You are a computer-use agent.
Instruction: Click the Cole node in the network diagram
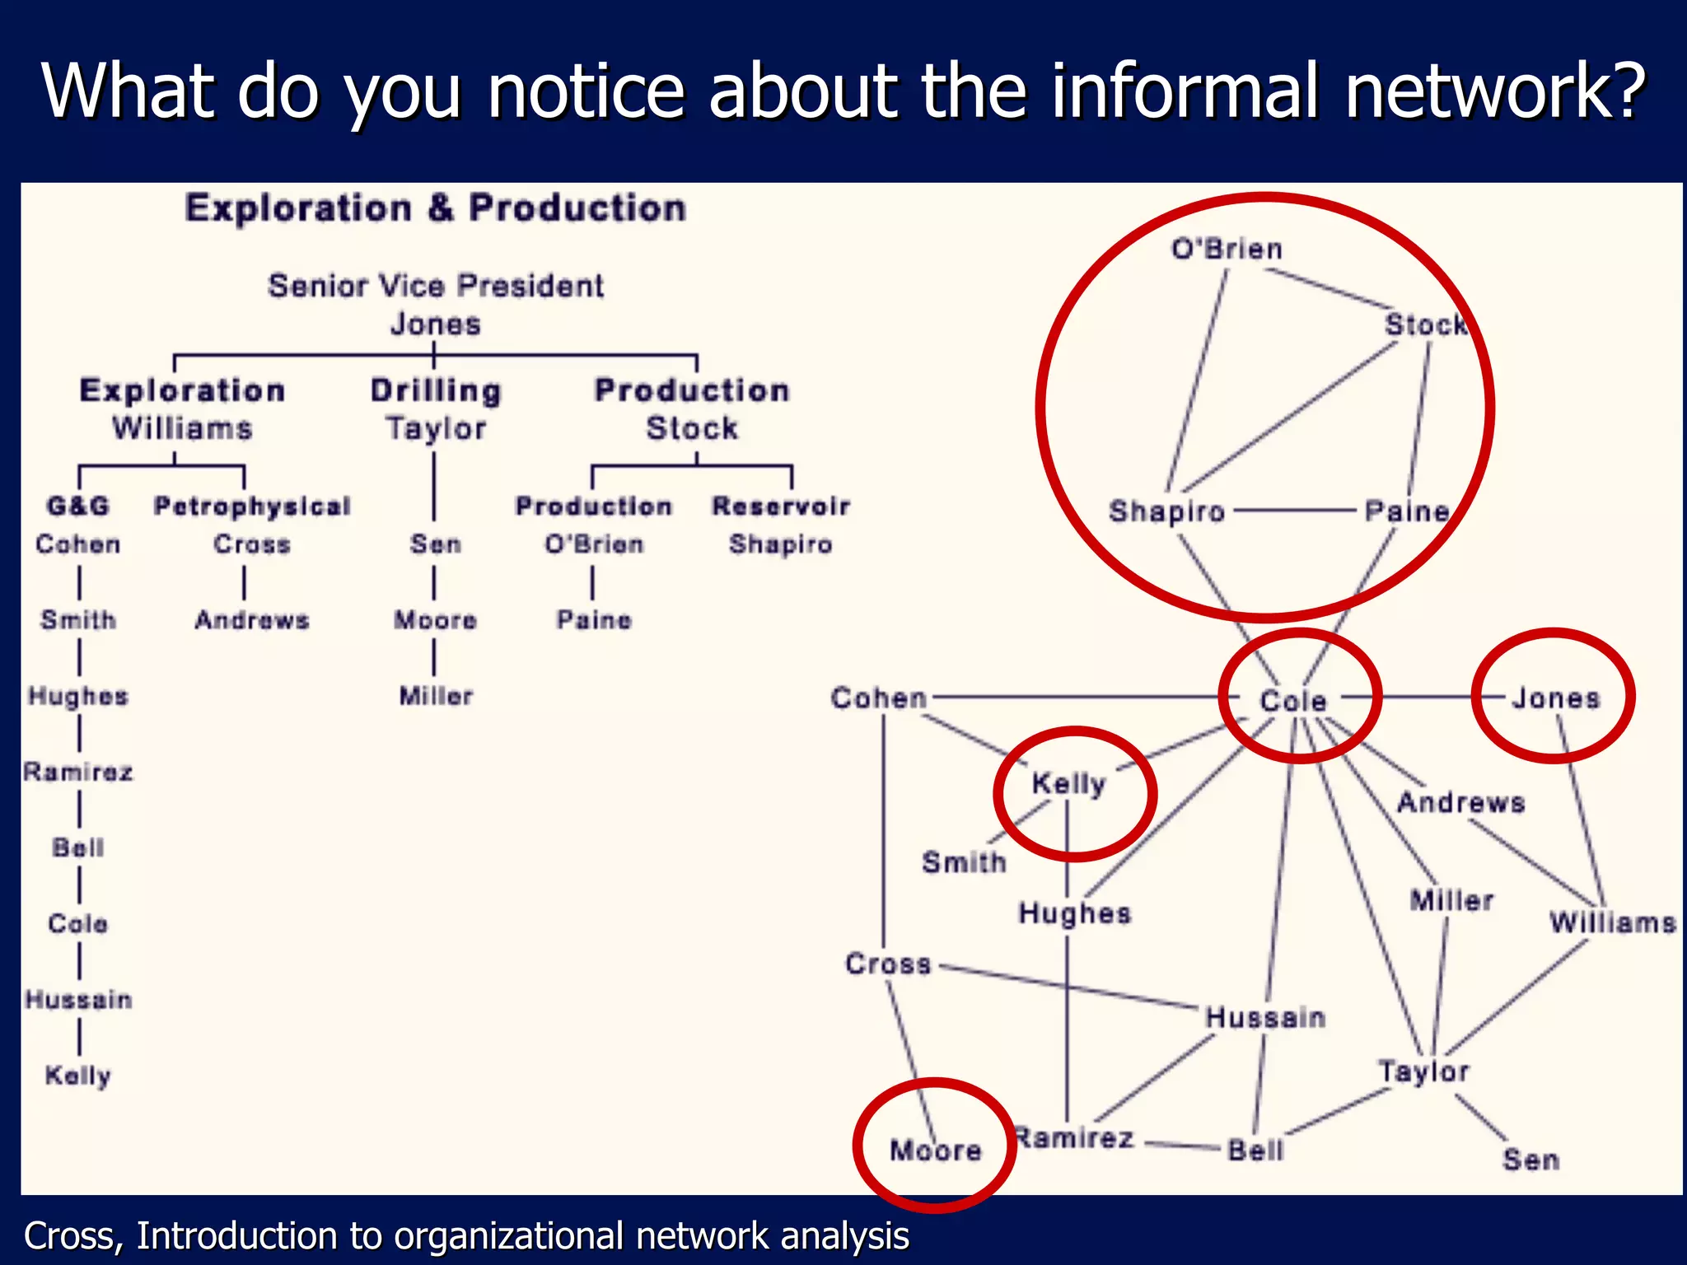[1293, 701]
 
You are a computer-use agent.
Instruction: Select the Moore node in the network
[936, 1150]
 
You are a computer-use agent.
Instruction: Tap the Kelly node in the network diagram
[1068, 783]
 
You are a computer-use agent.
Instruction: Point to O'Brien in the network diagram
[1227, 249]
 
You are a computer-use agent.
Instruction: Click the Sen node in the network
[1530, 1160]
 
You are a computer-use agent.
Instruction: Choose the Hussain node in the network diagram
[1265, 1017]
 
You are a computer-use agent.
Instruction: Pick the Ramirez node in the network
[1074, 1138]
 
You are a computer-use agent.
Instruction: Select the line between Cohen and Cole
[1071, 698]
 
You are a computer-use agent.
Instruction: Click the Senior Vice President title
[436, 286]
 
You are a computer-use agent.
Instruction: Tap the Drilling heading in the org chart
[436, 390]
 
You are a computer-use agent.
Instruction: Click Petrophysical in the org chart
[252, 506]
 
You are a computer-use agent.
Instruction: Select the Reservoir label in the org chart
[781, 506]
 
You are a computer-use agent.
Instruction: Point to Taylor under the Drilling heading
[436, 428]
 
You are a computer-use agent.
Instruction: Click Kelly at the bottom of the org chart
[78, 1076]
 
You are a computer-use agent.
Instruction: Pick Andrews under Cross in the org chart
[252, 620]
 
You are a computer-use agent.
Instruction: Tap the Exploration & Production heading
[436, 208]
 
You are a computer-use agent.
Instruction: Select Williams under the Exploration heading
[182, 428]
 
